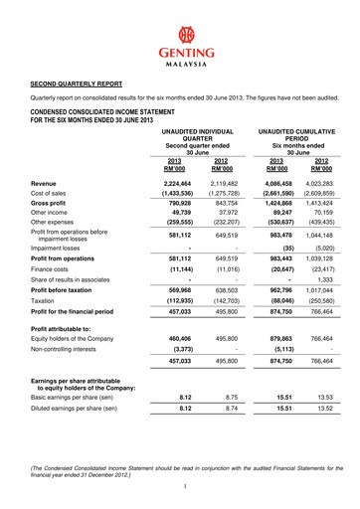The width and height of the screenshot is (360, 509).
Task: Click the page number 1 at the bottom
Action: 180,486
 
